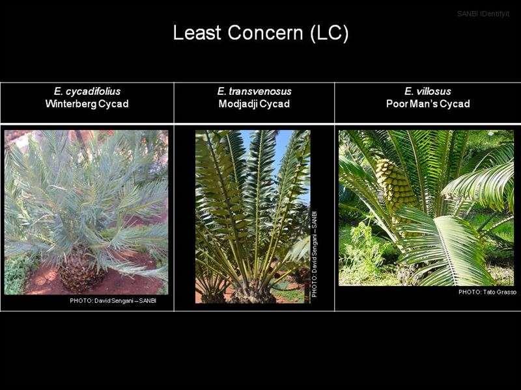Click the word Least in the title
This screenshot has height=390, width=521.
197,32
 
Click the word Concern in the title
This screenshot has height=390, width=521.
265,32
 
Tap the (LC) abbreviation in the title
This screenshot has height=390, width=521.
330,33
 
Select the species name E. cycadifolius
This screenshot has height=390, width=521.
87,91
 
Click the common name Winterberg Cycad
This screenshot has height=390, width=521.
87,104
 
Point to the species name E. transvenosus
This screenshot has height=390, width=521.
254,91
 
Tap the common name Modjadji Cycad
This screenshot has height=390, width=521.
254,104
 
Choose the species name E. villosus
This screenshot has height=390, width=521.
428,91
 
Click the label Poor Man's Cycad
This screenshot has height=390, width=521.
428,104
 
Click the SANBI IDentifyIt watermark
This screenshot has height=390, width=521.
483,14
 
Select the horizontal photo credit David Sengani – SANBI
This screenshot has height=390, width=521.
113,301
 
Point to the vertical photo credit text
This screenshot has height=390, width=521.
315,254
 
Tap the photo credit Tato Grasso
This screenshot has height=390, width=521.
487,292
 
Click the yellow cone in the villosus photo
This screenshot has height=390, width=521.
395,184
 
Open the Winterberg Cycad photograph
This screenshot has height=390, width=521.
87,213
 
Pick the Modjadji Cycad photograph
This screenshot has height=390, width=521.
253,216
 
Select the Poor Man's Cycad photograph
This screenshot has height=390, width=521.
427,208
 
